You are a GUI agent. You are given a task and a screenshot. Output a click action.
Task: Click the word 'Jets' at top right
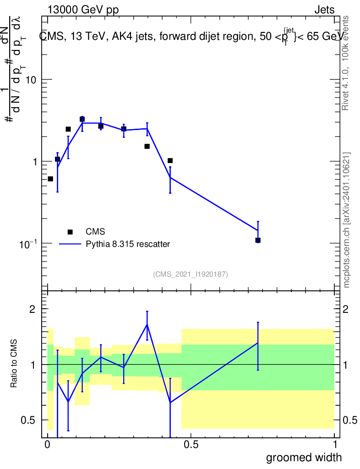[x=324, y=10]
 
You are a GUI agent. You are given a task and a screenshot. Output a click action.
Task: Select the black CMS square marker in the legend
[x=70, y=232]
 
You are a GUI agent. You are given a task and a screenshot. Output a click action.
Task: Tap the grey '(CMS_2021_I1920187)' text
[x=191, y=274]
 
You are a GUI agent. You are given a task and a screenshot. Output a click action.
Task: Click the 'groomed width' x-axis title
[x=304, y=457]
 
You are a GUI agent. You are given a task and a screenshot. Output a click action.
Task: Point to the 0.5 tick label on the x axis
[x=191, y=444]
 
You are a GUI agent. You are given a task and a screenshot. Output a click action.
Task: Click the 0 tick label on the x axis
[x=47, y=444]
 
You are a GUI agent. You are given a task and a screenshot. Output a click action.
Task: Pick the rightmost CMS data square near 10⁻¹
[x=258, y=240]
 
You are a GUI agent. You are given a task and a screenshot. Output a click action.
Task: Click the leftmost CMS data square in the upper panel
[x=50, y=179]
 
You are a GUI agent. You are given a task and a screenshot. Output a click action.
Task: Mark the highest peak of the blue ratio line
[x=147, y=324]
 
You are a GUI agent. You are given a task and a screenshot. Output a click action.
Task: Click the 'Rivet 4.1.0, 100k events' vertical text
[x=346, y=63]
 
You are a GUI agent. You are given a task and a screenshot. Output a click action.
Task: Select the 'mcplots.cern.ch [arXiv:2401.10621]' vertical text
[x=347, y=220]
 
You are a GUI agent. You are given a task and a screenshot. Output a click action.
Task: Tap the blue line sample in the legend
[x=70, y=244]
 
